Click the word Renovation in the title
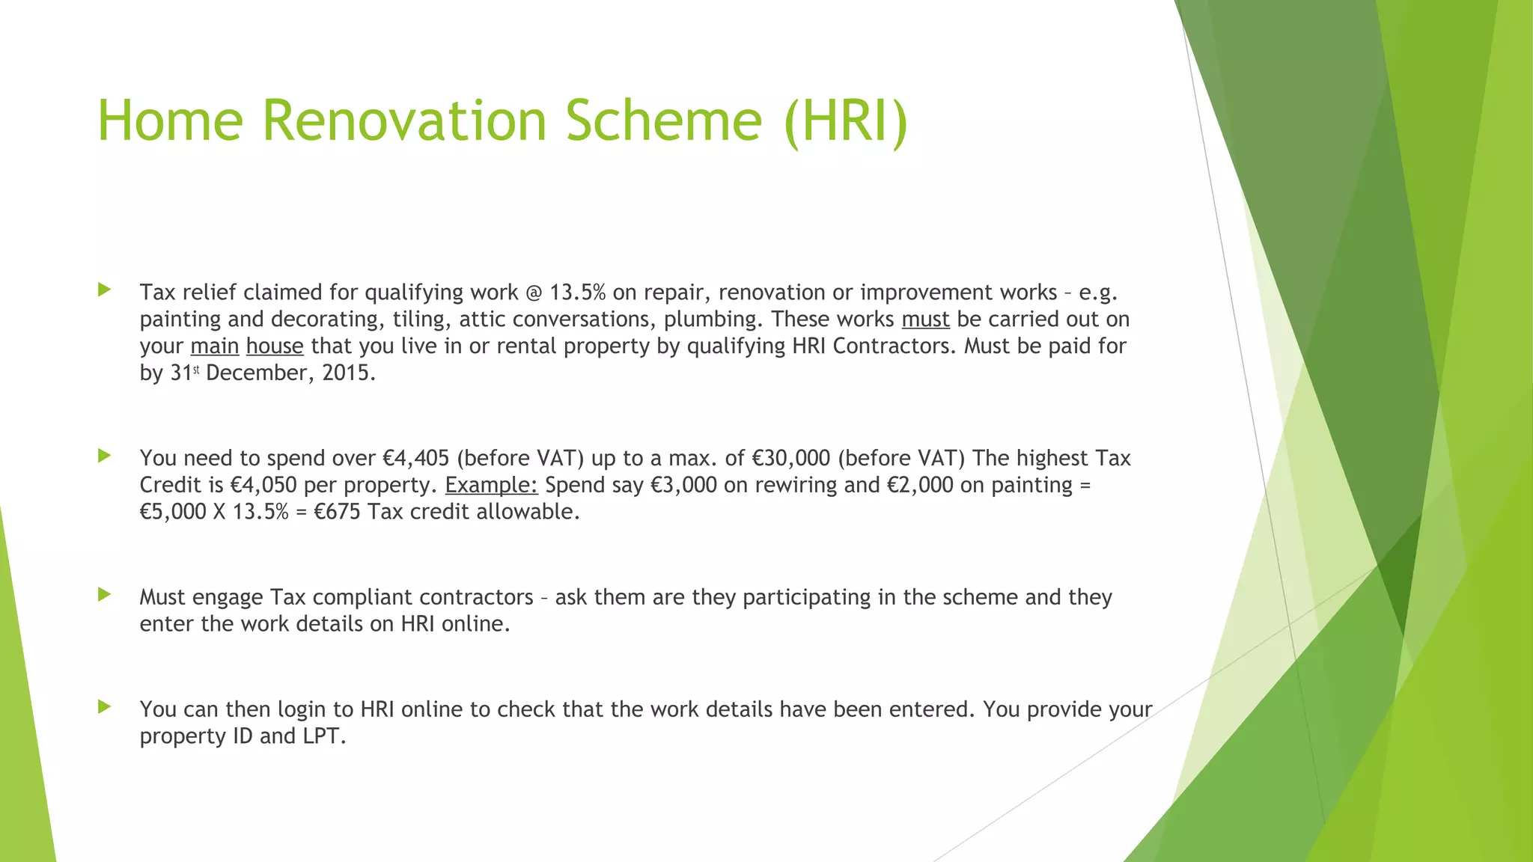pyautogui.click(x=405, y=120)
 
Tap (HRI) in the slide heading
pyautogui.click(x=846, y=120)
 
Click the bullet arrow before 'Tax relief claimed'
pyautogui.click(x=104, y=290)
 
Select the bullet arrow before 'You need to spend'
pyautogui.click(x=104, y=455)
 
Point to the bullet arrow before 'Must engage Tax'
pyautogui.click(x=104, y=595)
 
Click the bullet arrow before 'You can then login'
pyautogui.click(x=104, y=706)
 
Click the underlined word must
pyautogui.click(x=925, y=320)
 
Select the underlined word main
pyautogui.click(x=215, y=346)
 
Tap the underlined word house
pyautogui.click(x=275, y=346)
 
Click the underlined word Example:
pyautogui.click(x=491, y=486)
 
